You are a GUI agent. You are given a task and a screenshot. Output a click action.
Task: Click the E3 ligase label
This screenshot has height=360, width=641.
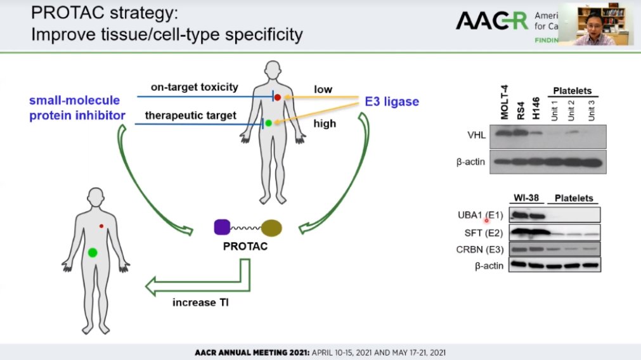coord(392,101)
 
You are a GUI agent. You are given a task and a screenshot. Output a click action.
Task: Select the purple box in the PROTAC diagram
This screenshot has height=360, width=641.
coord(222,227)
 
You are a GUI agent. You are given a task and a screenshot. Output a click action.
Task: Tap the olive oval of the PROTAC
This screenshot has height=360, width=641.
coord(271,228)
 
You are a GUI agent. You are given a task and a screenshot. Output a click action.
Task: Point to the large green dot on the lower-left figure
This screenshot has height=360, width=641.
coord(93,252)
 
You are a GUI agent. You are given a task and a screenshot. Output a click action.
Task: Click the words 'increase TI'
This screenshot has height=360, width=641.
coord(200,302)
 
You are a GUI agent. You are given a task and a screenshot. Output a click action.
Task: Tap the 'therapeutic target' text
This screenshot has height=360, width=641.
coord(183,115)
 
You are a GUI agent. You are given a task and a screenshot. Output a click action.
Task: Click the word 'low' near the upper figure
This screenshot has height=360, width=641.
coord(322,89)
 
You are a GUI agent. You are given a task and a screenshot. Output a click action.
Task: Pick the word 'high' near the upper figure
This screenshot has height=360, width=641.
coord(325,124)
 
